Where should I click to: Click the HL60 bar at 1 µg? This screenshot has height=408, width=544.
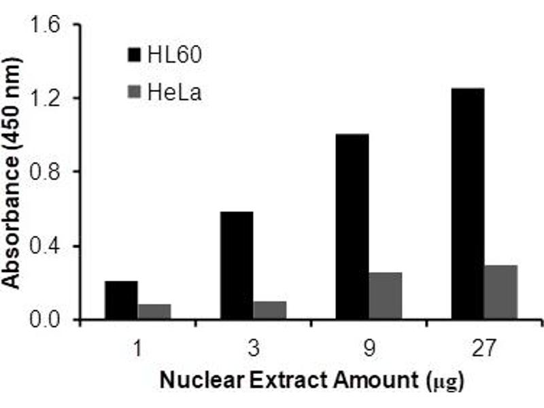(x=121, y=300)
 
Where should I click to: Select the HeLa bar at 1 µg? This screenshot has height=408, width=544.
(x=154, y=311)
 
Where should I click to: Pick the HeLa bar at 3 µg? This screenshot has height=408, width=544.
(x=270, y=310)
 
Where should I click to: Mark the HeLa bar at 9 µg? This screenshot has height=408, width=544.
(x=386, y=295)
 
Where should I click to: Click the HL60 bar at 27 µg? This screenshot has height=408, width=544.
(x=468, y=203)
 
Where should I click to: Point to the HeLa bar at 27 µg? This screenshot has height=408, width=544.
(x=501, y=292)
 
